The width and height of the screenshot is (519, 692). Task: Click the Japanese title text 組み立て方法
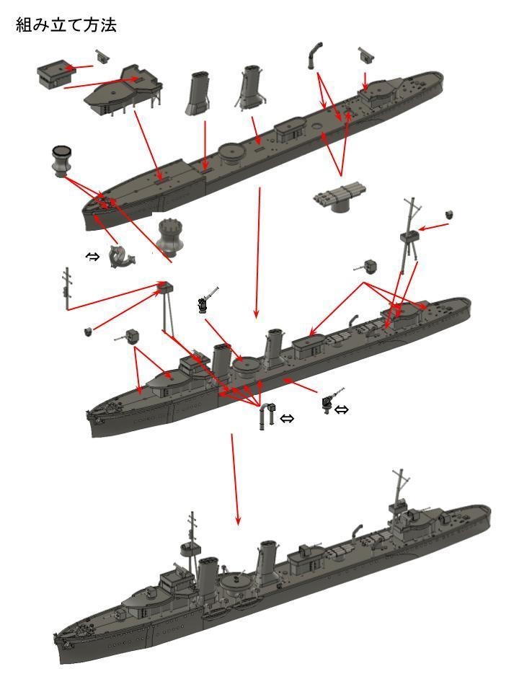point(66,25)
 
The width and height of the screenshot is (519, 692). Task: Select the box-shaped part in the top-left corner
point(56,73)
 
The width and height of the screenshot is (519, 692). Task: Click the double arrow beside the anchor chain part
point(93,256)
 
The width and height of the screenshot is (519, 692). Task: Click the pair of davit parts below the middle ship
point(267,416)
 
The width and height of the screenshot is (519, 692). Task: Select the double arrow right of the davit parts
point(287,419)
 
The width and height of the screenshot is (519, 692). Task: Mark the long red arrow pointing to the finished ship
point(235,479)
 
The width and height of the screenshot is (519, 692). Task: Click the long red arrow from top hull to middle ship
point(257,252)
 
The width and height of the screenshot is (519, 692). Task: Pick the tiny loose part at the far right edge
point(451,215)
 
